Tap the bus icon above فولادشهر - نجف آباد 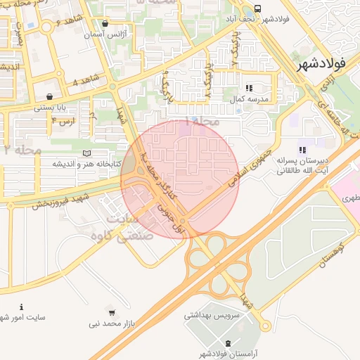click(x=257, y=8)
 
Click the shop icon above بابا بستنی click(x=49, y=96)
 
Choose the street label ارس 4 click(x=63, y=122)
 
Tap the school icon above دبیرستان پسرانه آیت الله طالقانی click(x=302, y=150)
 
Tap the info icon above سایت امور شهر click(x=21, y=307)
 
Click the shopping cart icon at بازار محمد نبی click(x=112, y=311)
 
